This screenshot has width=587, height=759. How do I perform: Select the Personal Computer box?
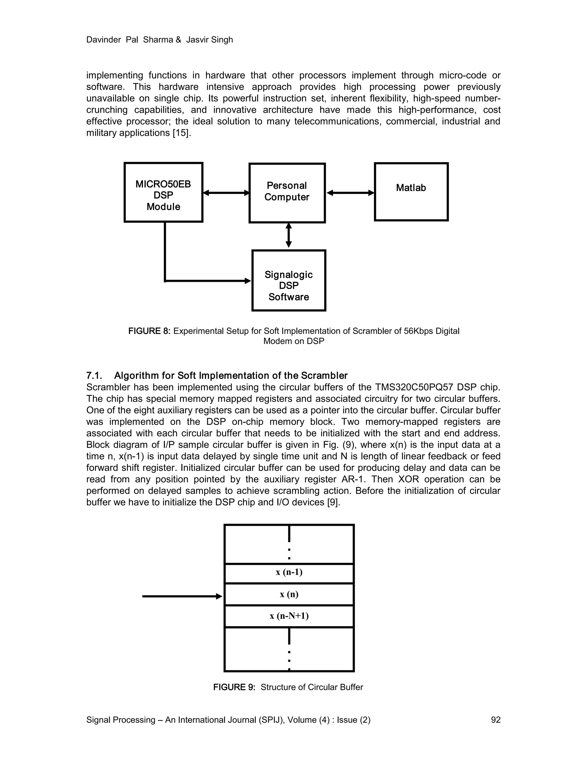coord(287,192)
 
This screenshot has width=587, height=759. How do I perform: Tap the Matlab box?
coord(411,192)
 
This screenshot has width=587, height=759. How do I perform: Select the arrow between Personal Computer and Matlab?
coord(350,192)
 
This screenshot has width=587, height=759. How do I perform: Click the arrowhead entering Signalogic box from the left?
coord(248,280)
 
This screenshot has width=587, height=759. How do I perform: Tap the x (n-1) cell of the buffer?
coord(289,572)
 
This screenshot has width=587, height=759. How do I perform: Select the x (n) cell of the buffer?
coord(289,594)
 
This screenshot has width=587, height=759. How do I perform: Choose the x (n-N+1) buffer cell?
coord(289,616)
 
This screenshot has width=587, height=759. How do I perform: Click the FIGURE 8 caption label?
coord(149,331)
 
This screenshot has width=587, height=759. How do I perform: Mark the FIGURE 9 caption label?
coord(234,687)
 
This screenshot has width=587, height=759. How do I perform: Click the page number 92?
coord(496,720)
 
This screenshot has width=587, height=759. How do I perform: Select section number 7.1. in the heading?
coord(94,376)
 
